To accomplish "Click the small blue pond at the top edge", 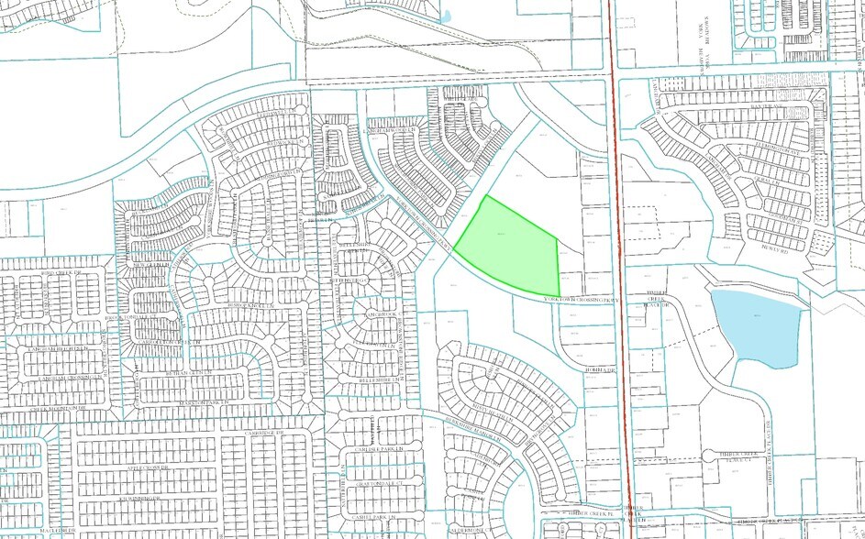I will coord(446,16).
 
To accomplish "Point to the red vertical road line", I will coord(620,275).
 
